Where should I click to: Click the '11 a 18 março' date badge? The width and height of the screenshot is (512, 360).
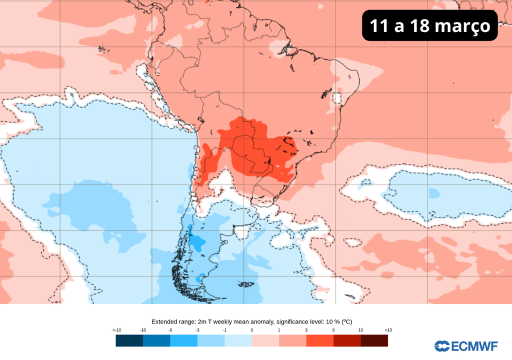pos(429,26)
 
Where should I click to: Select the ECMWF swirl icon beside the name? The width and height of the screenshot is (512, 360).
pos(442,346)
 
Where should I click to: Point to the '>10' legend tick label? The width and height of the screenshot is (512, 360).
pos(388,330)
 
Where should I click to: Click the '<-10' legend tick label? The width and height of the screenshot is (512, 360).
pos(116,330)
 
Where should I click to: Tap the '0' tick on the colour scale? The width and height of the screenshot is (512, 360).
pos(251,330)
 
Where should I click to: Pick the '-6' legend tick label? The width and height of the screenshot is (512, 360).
pos(170,330)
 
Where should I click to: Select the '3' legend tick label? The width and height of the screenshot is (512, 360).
pos(306,330)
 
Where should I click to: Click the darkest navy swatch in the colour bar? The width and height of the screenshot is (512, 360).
pos(129,340)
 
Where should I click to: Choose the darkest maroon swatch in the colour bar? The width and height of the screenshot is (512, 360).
pos(374,340)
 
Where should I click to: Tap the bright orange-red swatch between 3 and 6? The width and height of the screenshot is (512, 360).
pos(319,340)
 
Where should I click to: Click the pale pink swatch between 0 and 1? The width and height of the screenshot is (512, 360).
pos(265,340)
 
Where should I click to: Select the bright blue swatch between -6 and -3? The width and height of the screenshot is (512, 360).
pos(183,340)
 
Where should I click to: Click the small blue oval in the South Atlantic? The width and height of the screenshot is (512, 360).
pos(433,192)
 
